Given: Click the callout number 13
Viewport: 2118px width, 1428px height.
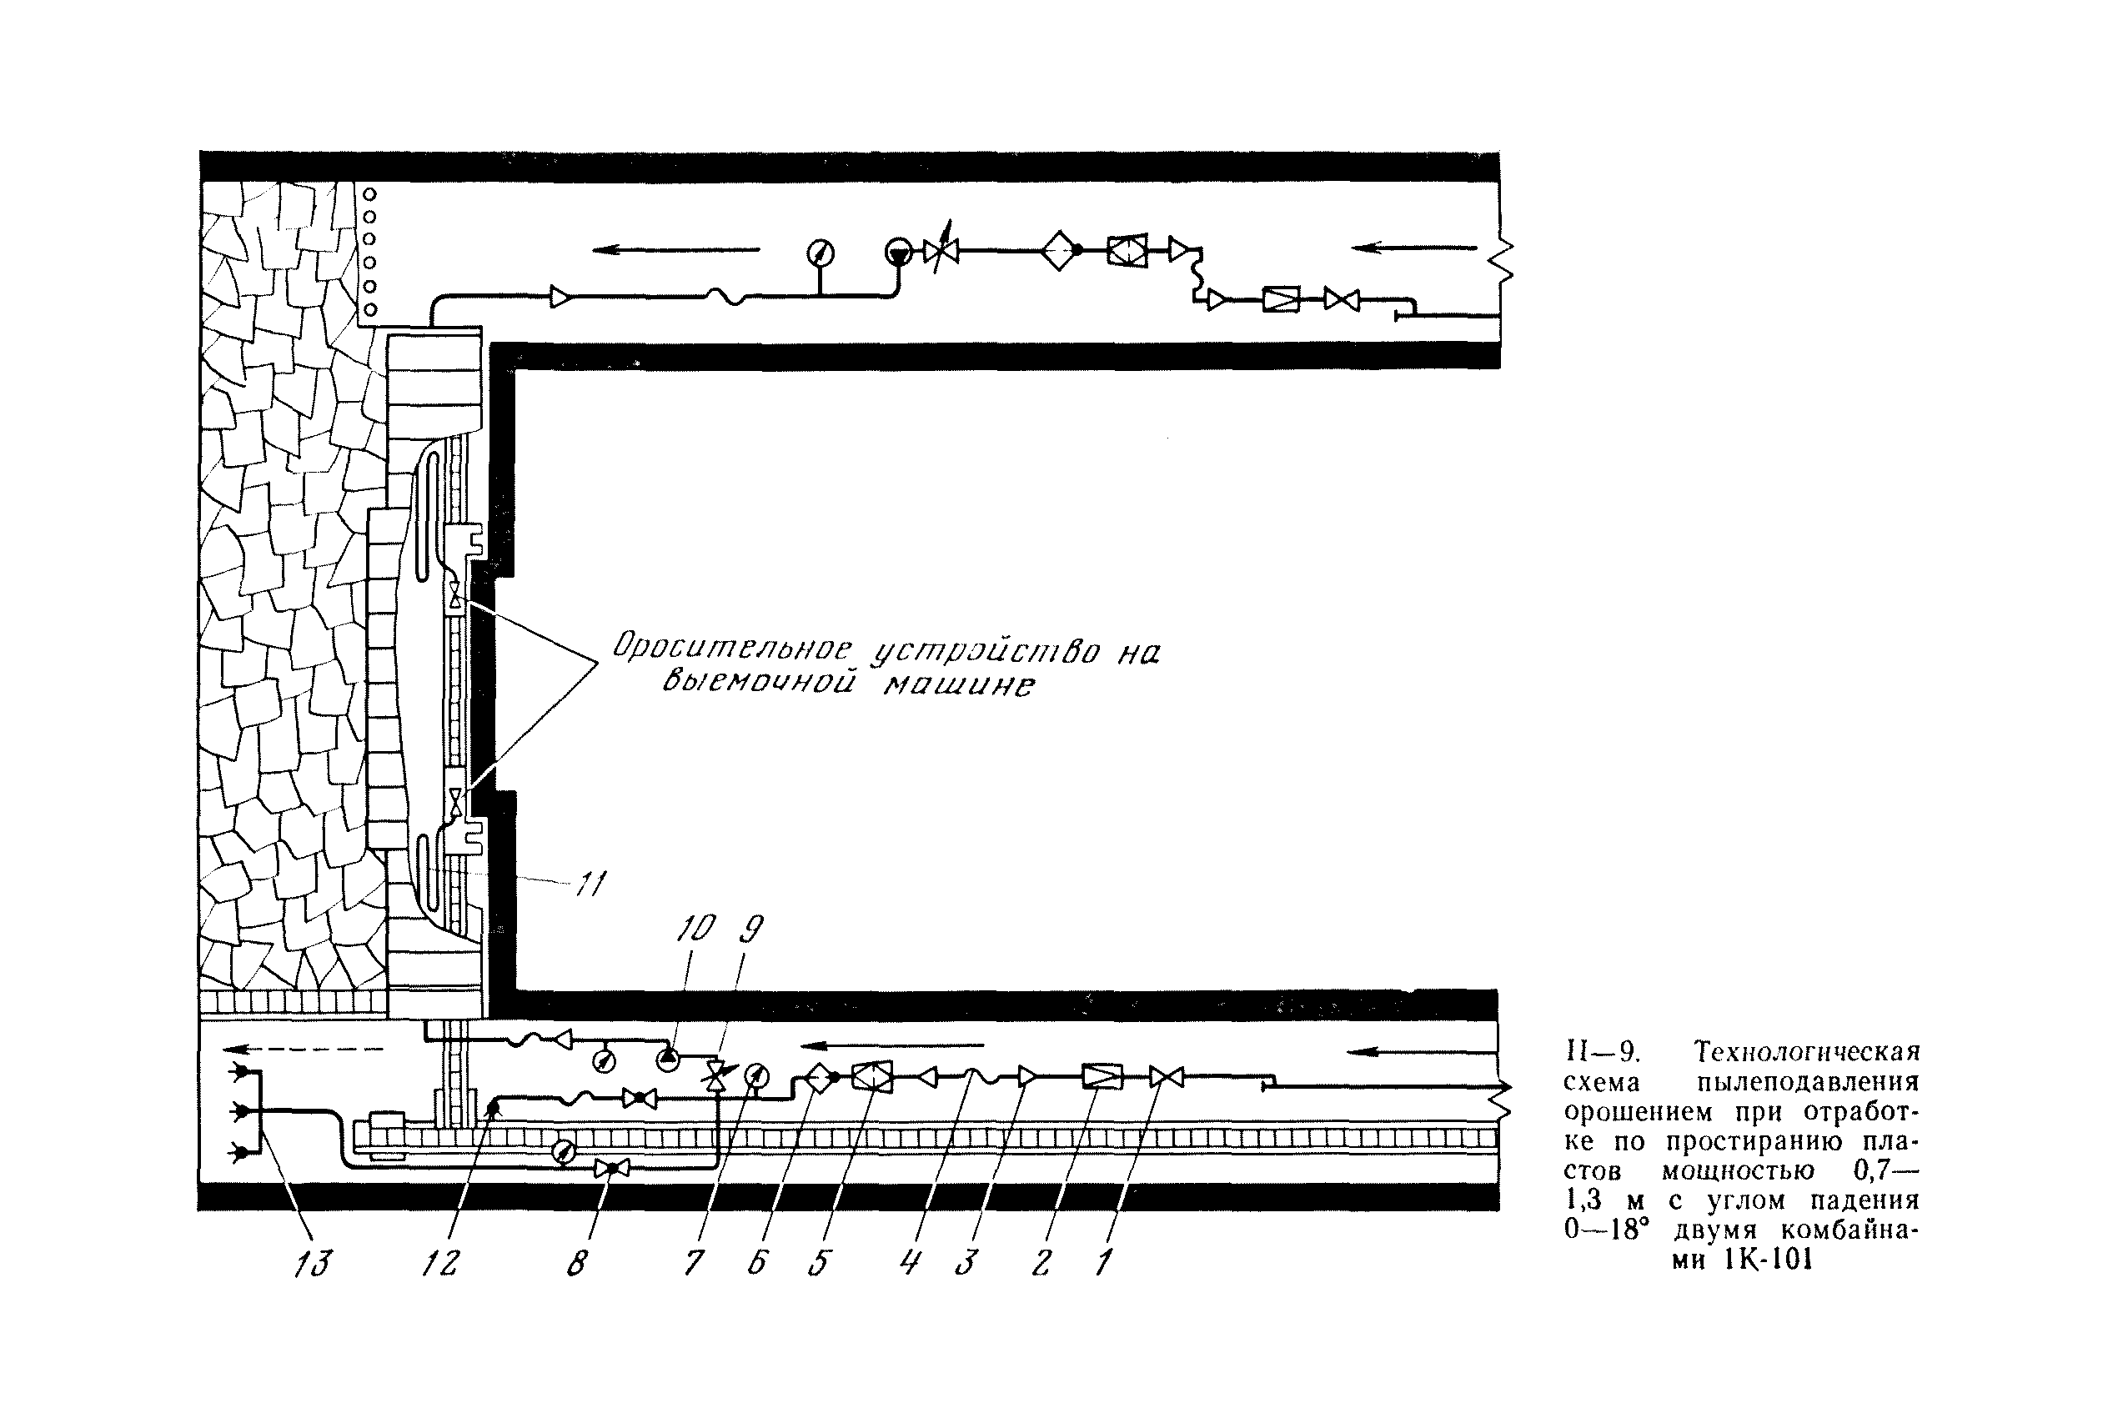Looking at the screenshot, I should [312, 1264].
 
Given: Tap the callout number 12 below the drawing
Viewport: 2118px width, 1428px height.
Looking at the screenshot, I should [441, 1264].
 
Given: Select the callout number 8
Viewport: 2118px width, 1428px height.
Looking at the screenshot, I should [577, 1264].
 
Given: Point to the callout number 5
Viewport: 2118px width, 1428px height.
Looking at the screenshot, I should [819, 1264].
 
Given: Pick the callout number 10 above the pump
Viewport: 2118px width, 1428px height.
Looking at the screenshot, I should [696, 929].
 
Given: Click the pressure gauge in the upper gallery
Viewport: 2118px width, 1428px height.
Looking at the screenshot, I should [821, 253].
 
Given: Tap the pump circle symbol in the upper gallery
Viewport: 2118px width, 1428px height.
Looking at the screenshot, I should [898, 253].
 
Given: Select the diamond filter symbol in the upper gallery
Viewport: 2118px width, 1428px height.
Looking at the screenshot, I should [1060, 249].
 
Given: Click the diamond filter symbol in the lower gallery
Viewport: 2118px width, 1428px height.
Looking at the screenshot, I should [819, 1077].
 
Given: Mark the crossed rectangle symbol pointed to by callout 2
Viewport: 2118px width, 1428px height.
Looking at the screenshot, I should [1102, 1077].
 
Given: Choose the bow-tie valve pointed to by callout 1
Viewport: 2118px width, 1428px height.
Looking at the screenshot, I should [1166, 1077].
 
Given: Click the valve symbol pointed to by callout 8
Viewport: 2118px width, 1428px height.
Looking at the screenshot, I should [611, 1168].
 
